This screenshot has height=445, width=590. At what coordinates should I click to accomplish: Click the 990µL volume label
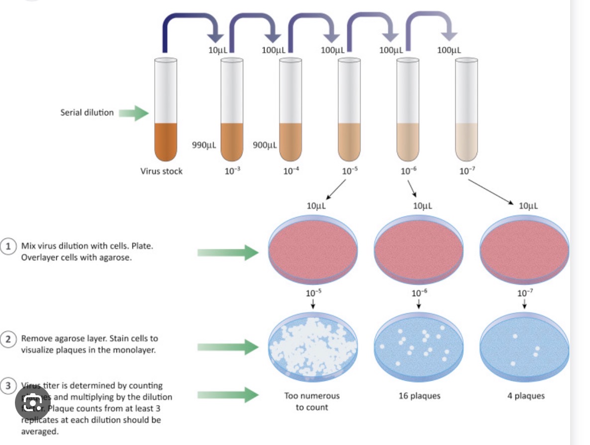(203, 145)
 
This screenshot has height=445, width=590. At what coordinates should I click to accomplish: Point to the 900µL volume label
(265, 145)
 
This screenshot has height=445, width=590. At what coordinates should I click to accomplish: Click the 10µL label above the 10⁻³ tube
(218, 50)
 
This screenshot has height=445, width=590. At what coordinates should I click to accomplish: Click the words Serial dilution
(87, 112)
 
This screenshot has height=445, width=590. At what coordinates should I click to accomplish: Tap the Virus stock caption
(161, 171)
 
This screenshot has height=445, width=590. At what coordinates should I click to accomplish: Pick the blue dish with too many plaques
(313, 343)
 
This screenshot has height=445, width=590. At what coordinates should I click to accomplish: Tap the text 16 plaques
(419, 396)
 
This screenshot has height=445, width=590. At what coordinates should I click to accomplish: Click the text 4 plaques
(526, 396)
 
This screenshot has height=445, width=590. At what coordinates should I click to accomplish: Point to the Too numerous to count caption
(312, 401)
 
